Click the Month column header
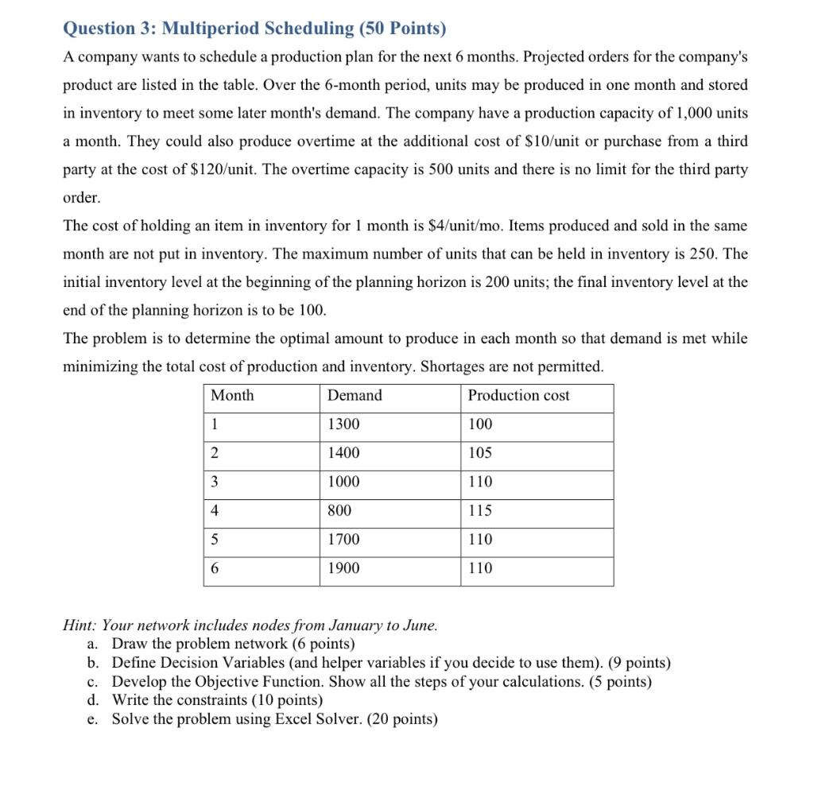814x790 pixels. tap(232, 396)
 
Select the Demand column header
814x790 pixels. tap(355, 396)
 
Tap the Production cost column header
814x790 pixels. tap(518, 396)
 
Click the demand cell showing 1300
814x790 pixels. tap(343, 424)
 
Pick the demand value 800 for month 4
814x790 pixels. tap(339, 511)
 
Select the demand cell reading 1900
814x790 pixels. tap(343, 568)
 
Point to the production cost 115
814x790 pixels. tap(480, 511)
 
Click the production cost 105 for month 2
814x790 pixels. tap(480, 453)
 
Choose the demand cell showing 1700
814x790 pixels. tap(343, 540)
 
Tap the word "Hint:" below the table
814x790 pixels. tap(80, 625)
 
